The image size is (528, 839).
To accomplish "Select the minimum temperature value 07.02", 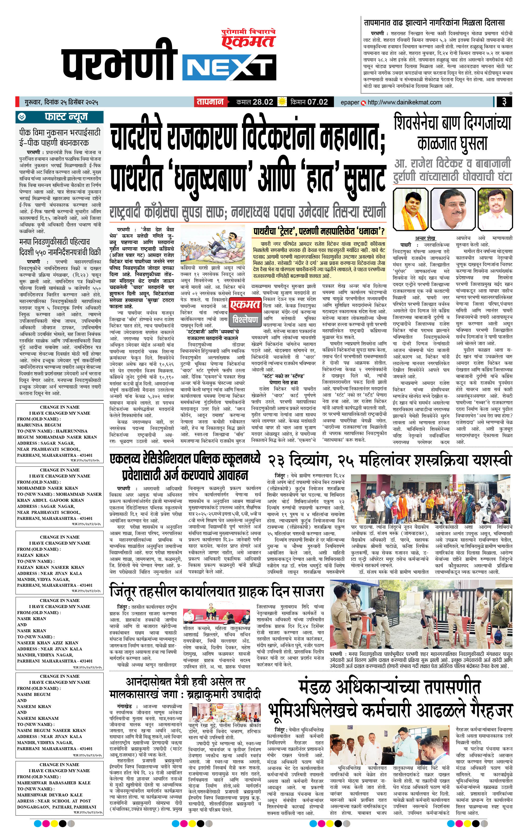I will click(317, 102).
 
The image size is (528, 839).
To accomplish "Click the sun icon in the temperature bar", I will click(281, 102).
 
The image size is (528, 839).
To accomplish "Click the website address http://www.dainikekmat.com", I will click(404, 102).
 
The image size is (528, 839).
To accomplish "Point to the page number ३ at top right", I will click(504, 102).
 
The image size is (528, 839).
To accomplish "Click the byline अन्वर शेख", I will click(425, 238).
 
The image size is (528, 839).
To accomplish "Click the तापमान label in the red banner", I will click(210, 102).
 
